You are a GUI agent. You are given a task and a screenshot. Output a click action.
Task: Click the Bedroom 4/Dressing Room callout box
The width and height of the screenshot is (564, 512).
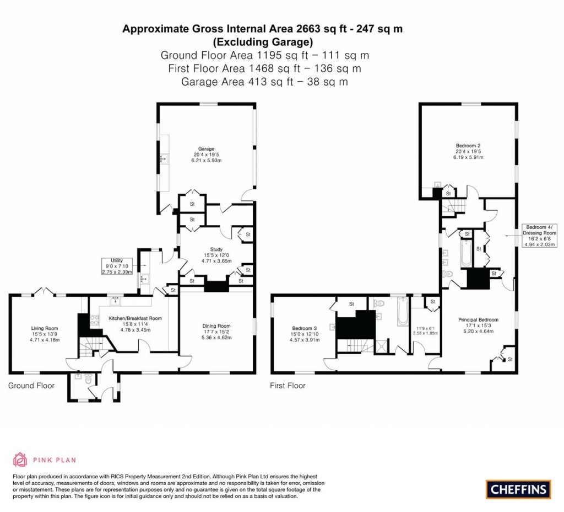point(541,236)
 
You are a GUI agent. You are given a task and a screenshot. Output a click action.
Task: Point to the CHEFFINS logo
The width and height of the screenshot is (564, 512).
point(518,489)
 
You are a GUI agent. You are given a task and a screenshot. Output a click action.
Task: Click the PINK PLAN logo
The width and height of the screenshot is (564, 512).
point(45,459)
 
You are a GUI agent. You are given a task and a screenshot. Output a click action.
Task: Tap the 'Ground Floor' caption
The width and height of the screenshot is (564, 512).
point(31,386)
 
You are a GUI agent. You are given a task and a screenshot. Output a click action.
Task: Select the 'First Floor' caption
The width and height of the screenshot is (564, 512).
point(288,386)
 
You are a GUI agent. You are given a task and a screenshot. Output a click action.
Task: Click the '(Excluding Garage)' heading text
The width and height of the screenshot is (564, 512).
point(263,42)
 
